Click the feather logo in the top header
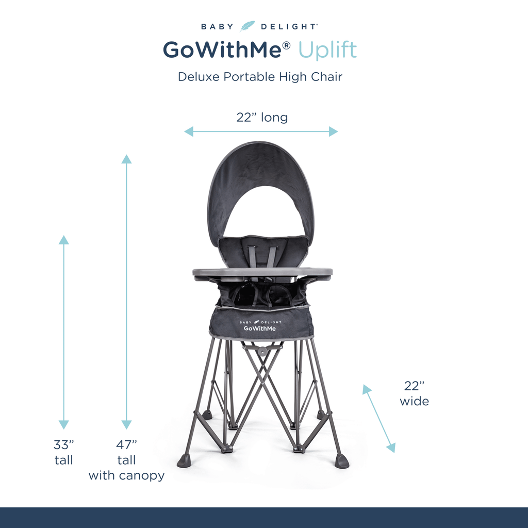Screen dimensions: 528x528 (247, 26)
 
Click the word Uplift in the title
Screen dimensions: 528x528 (327, 51)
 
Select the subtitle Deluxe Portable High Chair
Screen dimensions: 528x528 (260, 77)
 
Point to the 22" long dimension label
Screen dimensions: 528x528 (262, 117)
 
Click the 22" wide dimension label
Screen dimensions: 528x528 (414, 393)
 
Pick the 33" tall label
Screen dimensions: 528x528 (63, 452)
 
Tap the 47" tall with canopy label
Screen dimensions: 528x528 (127, 460)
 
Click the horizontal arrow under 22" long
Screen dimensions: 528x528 (261, 131)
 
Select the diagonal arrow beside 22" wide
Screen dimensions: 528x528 (379, 419)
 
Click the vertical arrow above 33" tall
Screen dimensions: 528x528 (63, 332)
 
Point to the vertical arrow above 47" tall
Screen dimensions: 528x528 (126, 292)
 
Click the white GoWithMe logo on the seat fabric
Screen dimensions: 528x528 (260, 326)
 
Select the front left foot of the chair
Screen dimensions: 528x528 (184, 460)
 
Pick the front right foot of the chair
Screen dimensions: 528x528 (342, 461)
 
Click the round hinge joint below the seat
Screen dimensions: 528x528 (262, 351)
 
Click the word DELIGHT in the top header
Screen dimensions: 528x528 (289, 27)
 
